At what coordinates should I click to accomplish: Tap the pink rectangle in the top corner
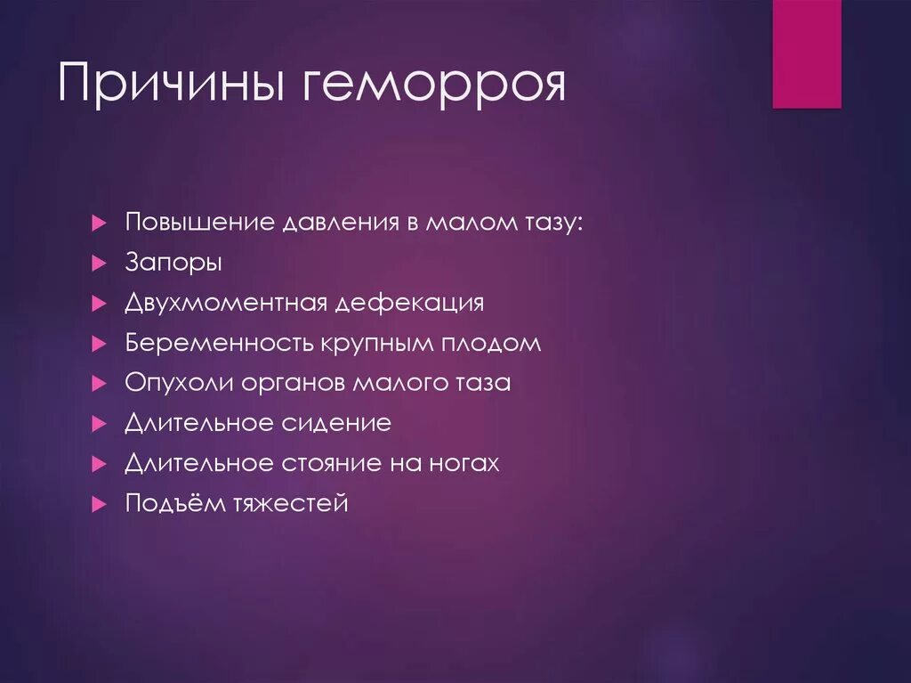click(806, 54)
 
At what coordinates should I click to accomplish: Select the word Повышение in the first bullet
click(200, 222)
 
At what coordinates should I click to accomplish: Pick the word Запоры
click(173, 264)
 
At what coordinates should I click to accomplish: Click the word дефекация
click(410, 303)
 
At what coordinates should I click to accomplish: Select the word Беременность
click(219, 343)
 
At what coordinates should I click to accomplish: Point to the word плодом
click(494, 344)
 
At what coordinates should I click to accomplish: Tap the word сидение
click(337, 423)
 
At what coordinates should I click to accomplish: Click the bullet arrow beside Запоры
click(99, 264)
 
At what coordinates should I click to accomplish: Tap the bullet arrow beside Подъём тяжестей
click(99, 504)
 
